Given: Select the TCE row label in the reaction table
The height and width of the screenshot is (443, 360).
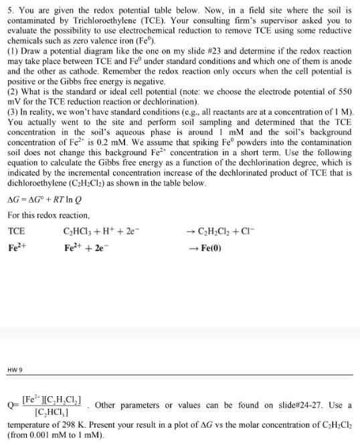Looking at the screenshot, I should (x=16, y=231).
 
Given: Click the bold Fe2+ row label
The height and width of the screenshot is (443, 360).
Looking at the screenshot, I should (x=16, y=246).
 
